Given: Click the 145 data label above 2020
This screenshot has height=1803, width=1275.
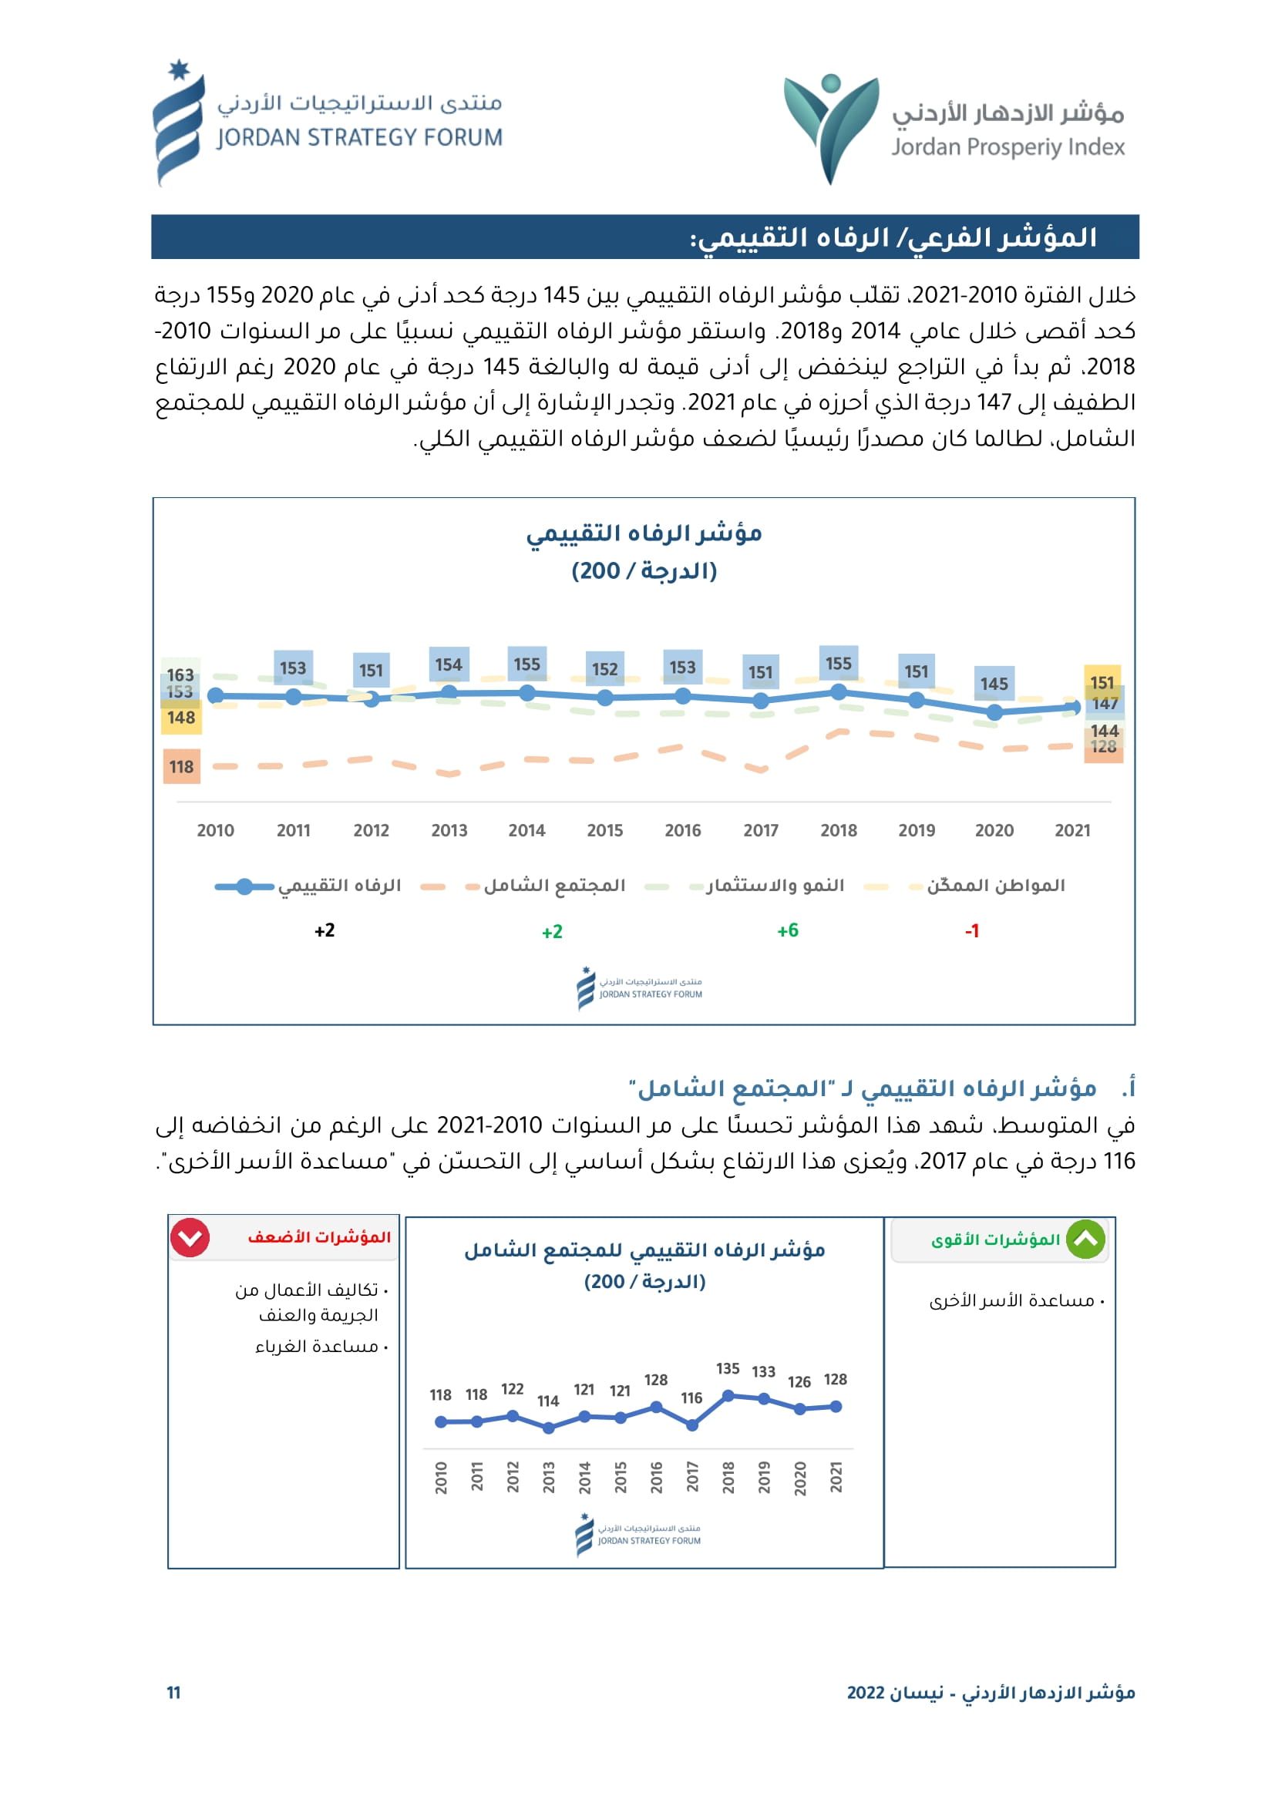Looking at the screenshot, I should [x=994, y=684].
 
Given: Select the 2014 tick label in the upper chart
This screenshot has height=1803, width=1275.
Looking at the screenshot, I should [x=526, y=830].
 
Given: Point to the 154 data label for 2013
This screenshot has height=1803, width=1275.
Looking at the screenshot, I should [x=449, y=664].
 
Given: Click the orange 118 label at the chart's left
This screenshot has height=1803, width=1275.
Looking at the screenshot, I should [x=181, y=766].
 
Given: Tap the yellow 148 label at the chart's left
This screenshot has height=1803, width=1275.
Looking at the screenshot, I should [x=181, y=718].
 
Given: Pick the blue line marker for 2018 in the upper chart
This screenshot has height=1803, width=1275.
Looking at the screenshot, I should [x=839, y=691].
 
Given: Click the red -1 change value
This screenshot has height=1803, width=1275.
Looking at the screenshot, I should [x=972, y=930].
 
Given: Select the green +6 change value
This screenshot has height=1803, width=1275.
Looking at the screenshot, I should [x=788, y=930].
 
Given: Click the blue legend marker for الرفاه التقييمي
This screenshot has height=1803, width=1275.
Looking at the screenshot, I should [x=244, y=886].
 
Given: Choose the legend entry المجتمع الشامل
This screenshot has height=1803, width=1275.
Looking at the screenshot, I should [x=554, y=886].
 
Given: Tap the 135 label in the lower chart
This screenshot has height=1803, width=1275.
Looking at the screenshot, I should [x=728, y=1369].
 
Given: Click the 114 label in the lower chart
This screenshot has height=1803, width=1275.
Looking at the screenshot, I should [x=548, y=1401].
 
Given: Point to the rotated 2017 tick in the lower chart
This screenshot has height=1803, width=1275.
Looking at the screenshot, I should [x=692, y=1476].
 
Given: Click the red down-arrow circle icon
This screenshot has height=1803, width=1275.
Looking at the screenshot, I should [x=190, y=1239].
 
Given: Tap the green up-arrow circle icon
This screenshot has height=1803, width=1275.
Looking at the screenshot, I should [x=1086, y=1240].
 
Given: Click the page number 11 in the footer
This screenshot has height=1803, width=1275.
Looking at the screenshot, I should [x=173, y=1692].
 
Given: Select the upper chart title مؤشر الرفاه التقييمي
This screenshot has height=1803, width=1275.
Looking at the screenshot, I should [x=644, y=533].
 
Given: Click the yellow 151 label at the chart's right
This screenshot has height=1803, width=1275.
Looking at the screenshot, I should [x=1102, y=682].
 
